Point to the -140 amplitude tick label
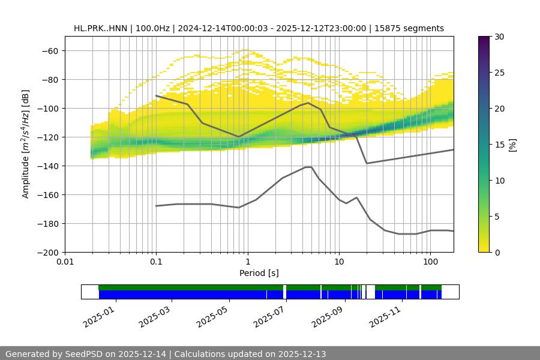(x=49, y=166)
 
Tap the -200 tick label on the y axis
(x=49, y=252)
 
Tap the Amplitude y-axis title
(x=25, y=144)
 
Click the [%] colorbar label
(x=512, y=144)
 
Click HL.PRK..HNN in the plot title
(x=99, y=28)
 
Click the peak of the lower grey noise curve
(x=308, y=167)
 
